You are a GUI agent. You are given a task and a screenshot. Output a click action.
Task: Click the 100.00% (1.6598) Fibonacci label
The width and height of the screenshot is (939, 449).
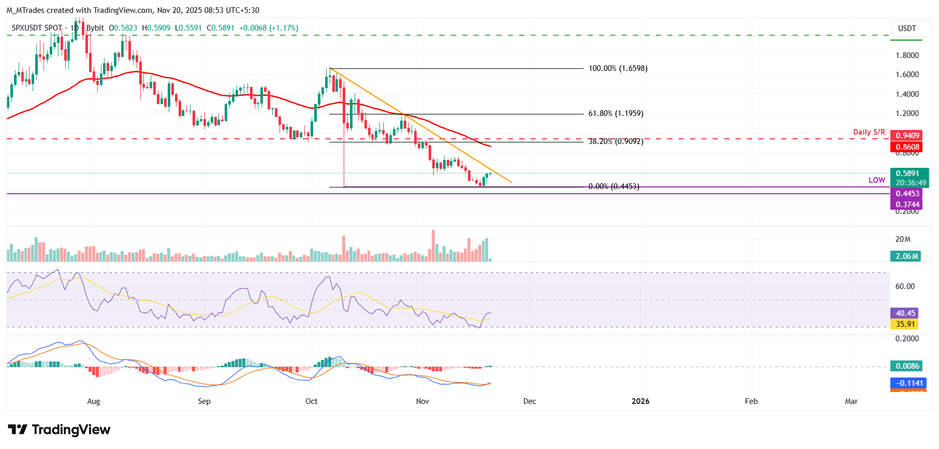(618, 68)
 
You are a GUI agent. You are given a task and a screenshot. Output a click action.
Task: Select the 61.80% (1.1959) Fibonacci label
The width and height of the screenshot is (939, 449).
(615, 113)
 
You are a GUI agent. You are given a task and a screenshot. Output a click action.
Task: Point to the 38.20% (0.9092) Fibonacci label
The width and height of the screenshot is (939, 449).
(615, 141)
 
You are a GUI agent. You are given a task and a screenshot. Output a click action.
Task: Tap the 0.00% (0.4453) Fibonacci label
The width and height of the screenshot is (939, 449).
(613, 186)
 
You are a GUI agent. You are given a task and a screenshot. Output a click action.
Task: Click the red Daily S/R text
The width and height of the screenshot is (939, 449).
(869, 132)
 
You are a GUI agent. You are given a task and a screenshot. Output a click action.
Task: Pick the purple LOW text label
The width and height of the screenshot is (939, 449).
(876, 180)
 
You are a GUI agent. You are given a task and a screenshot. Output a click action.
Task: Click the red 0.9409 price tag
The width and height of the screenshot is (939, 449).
(907, 136)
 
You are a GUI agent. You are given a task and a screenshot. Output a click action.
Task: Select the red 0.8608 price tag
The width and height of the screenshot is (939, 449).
(907, 147)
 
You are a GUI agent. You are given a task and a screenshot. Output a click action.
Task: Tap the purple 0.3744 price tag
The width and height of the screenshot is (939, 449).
(907, 205)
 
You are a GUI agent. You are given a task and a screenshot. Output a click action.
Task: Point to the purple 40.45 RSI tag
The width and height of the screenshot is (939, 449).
(905, 313)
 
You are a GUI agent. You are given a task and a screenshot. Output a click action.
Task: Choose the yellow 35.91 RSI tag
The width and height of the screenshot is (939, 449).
(905, 324)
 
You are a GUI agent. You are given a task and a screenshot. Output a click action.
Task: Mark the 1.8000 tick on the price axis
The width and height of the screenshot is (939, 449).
(907, 55)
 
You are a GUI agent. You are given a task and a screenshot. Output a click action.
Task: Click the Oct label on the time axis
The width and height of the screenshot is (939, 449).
(312, 401)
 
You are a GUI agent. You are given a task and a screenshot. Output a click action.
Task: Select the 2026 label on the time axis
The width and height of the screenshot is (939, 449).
(640, 401)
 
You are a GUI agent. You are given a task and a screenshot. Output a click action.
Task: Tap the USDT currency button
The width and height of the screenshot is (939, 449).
(907, 28)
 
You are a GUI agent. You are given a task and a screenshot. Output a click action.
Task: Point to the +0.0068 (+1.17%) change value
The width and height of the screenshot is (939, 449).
(269, 28)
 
